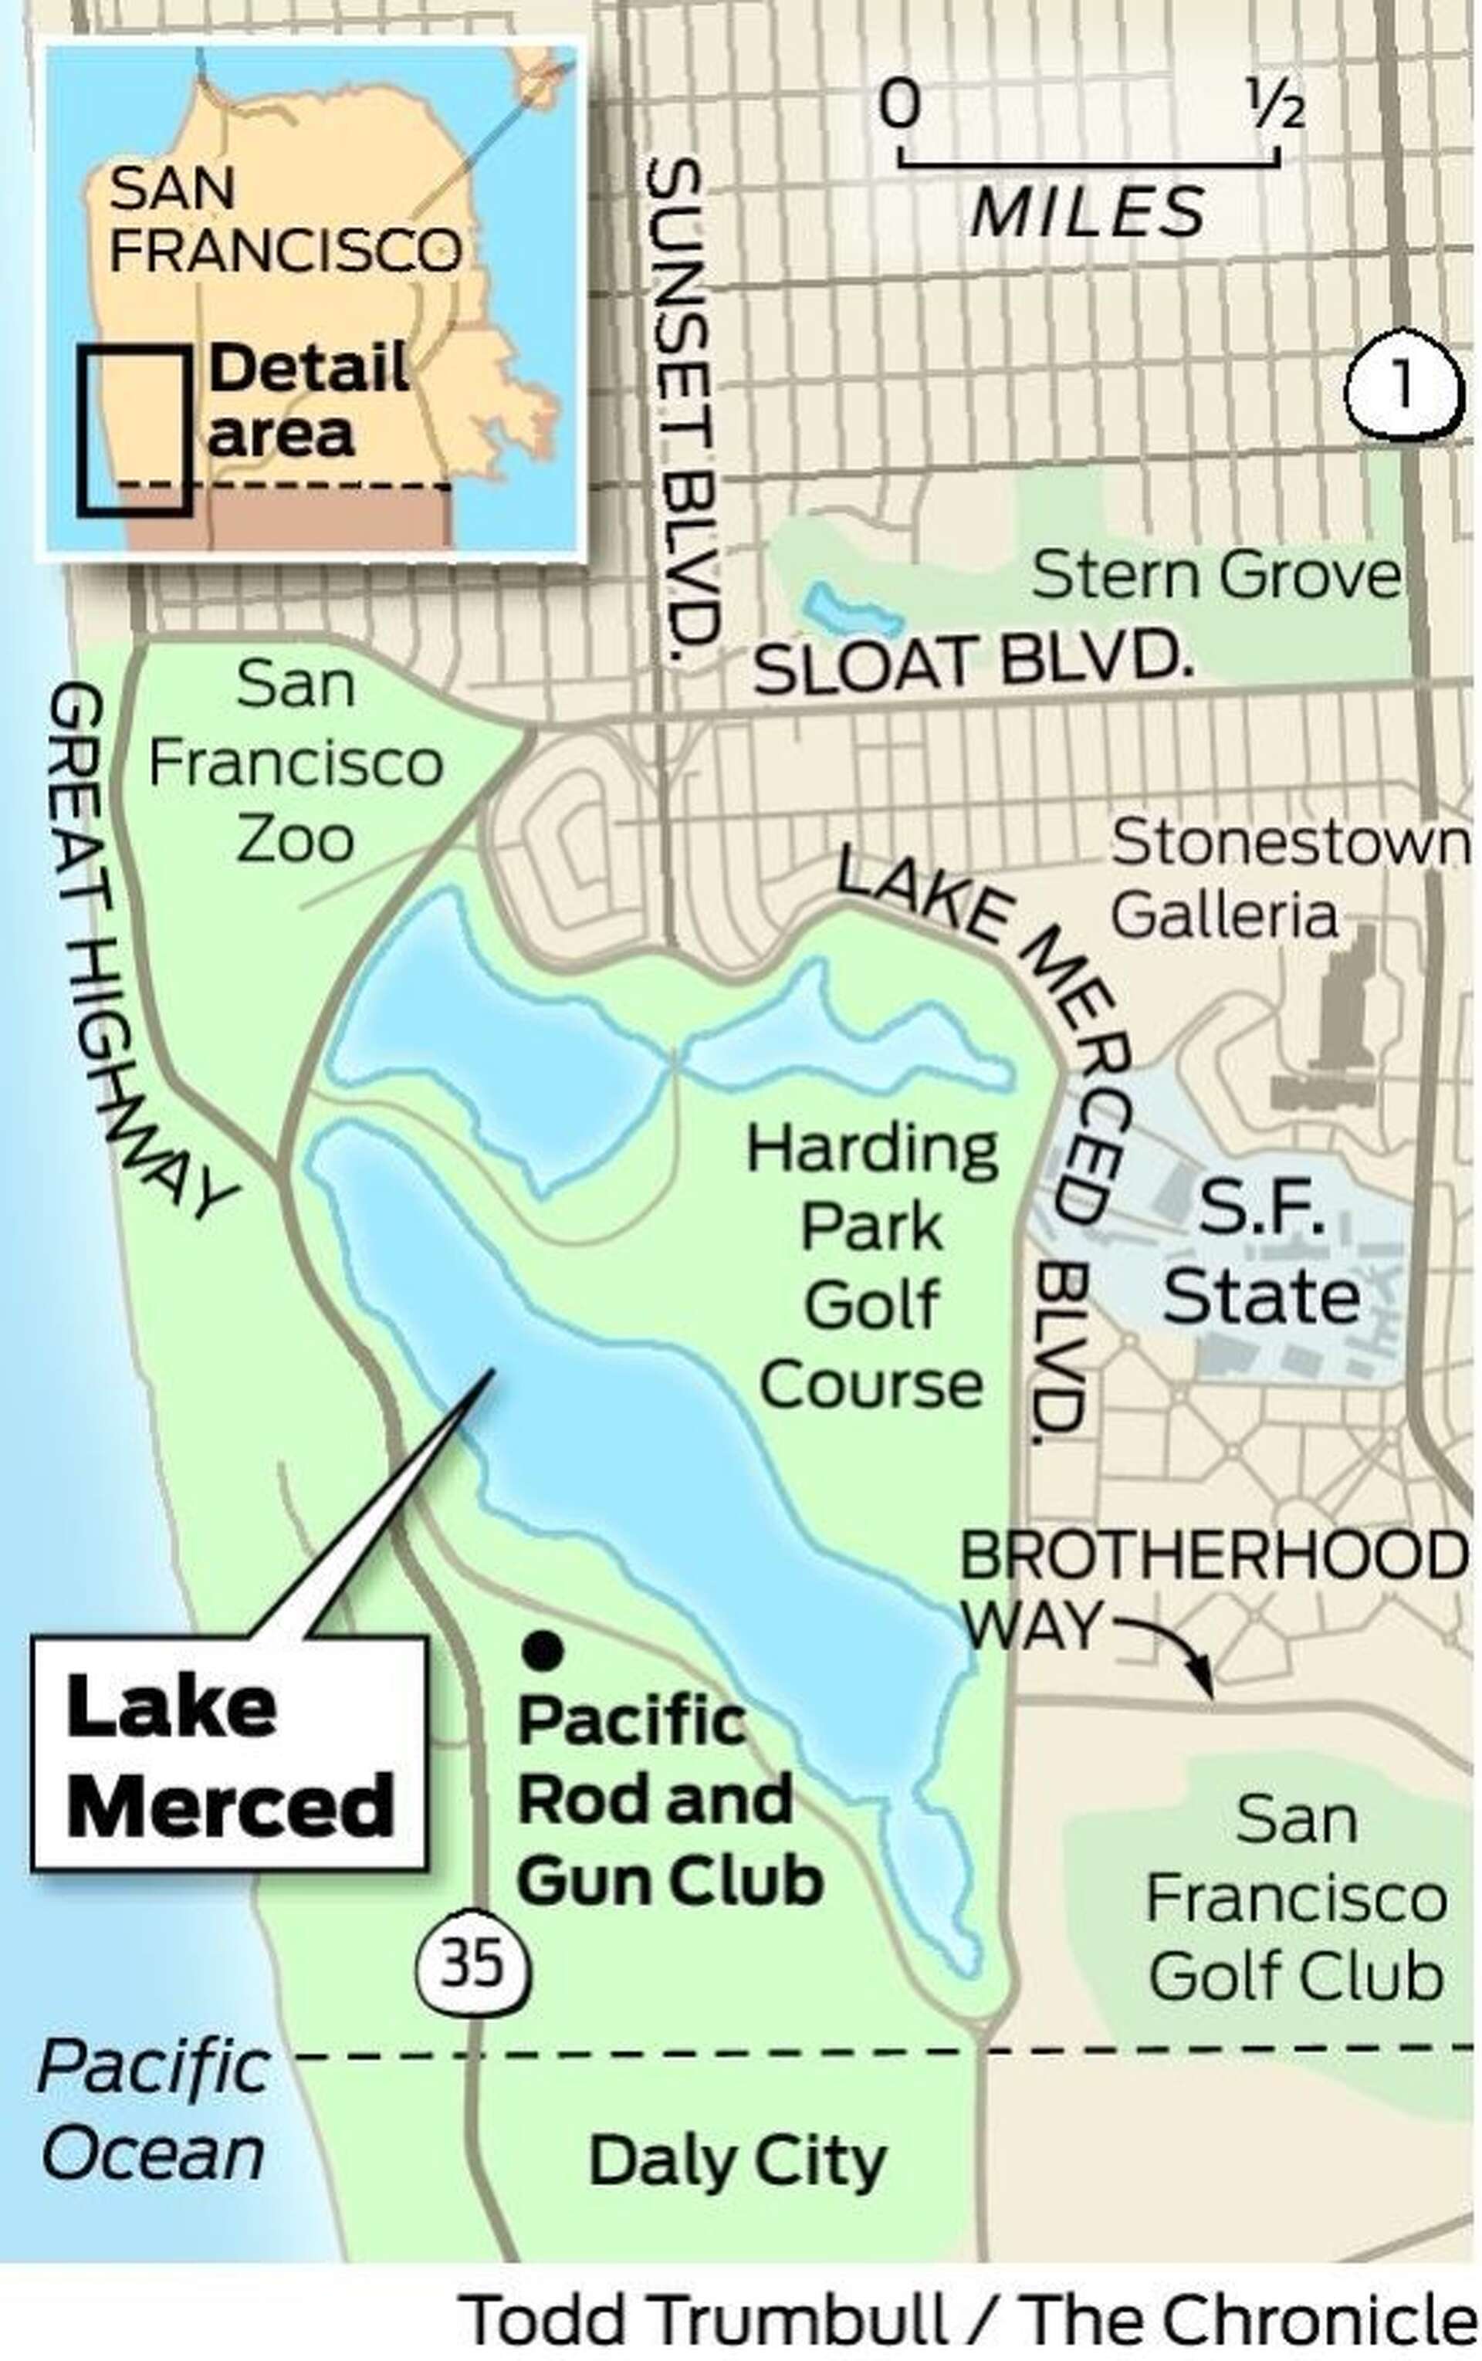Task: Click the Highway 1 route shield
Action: tap(1403, 385)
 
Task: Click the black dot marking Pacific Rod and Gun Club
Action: tap(542, 1650)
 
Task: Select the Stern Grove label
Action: tap(1216, 574)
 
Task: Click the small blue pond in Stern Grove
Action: tap(851, 611)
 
